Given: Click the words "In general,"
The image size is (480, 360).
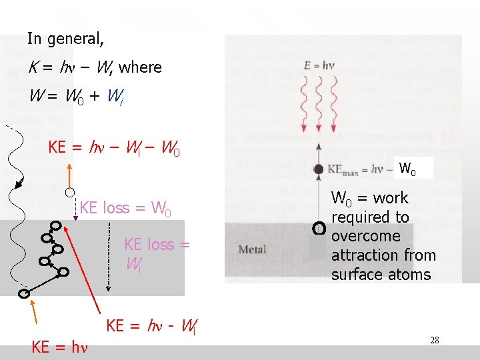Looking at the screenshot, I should click(x=65, y=39).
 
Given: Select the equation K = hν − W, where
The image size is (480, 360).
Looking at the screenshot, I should click(x=95, y=67).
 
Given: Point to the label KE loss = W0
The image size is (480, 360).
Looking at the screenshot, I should click(x=125, y=208).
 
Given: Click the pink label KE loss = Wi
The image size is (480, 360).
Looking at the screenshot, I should click(x=157, y=254).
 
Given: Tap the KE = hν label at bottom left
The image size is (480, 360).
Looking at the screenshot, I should click(x=60, y=347).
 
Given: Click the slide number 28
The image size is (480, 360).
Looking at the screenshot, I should click(x=434, y=341).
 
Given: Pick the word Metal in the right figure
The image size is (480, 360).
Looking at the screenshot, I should click(x=252, y=249).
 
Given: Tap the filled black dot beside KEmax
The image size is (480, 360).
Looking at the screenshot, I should click(x=319, y=169).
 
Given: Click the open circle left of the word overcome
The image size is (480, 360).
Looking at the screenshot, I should click(x=319, y=229).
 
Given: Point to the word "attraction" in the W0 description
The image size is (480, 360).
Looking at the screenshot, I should click(x=383, y=255).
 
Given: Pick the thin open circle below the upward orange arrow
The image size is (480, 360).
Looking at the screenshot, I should click(x=69, y=193).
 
